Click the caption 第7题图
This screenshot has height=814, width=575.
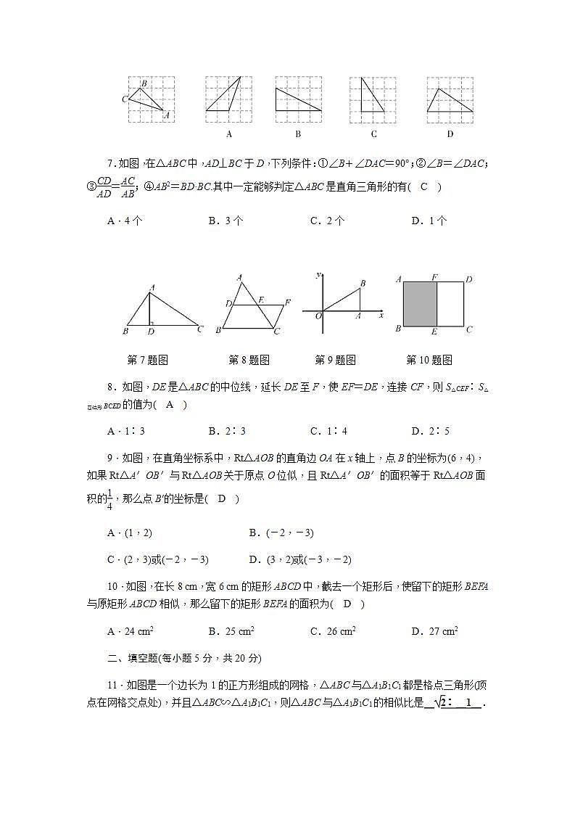click(148, 360)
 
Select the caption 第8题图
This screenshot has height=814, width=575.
click(249, 360)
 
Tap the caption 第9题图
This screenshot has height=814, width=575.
click(335, 360)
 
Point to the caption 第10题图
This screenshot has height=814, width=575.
click(429, 360)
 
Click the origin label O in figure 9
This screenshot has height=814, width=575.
click(318, 316)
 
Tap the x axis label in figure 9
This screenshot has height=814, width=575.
click(381, 316)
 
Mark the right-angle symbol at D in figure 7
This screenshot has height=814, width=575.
click(153, 322)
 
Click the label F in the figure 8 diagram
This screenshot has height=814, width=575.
click(288, 302)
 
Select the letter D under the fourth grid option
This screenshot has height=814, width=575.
click(450, 134)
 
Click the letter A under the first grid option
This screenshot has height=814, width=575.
click(229, 134)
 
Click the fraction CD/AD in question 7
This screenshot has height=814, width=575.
click(104, 187)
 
